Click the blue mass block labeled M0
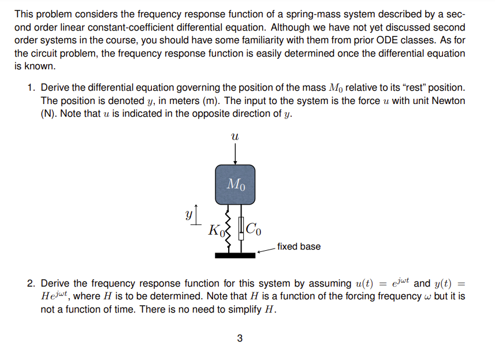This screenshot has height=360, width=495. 235,184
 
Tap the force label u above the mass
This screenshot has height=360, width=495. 235,138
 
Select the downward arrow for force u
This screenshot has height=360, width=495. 235,154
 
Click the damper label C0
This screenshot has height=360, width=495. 255,229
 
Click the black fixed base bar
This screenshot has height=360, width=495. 235,255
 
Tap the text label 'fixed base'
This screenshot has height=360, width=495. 299,247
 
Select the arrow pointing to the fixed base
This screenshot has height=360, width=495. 266,250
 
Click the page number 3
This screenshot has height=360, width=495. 240,339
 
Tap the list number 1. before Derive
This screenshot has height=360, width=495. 32,88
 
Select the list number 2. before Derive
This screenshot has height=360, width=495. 32,283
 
